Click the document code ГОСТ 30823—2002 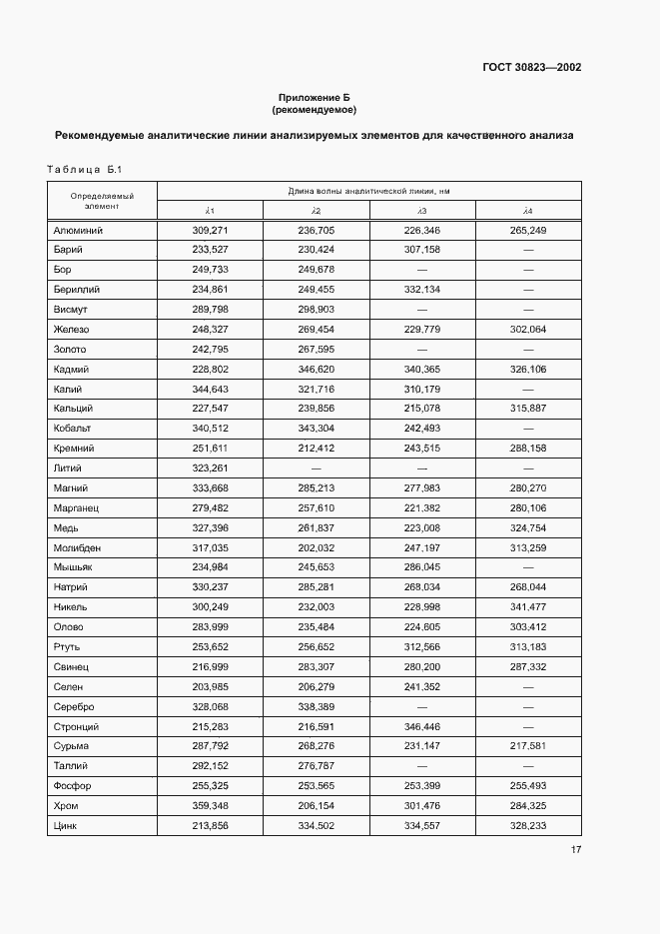point(532,68)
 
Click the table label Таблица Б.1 point(83,170)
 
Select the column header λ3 point(421,211)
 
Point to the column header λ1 point(210,211)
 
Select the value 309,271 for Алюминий point(210,231)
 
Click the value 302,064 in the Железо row point(527,330)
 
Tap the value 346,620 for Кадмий point(316,370)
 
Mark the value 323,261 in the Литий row point(210,468)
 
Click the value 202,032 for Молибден point(316,548)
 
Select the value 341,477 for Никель point(527,607)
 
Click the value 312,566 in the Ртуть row point(421,647)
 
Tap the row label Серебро point(74,707)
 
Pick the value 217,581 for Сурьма point(527,746)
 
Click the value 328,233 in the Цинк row point(527,826)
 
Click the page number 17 point(576,851)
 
